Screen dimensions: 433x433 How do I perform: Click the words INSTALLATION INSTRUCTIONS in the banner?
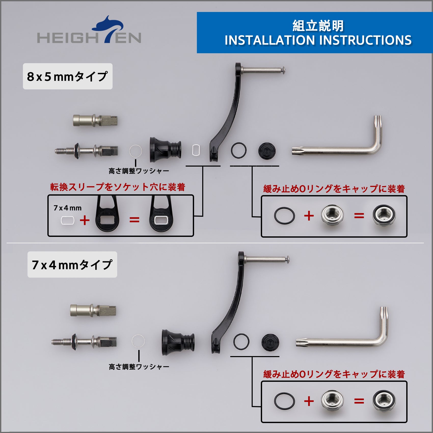(318, 40)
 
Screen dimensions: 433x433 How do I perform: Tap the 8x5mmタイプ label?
(67, 76)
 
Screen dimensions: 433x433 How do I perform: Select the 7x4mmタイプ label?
(72, 265)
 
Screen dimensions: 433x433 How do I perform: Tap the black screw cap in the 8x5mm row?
(267, 151)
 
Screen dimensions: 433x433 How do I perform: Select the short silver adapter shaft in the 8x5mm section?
(96, 120)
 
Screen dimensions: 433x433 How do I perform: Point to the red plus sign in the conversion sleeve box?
(85, 220)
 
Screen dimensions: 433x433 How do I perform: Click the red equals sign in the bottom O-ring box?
(359, 401)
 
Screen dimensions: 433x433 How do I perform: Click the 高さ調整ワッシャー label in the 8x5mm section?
(139, 171)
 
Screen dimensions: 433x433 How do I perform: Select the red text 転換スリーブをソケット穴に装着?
(118, 187)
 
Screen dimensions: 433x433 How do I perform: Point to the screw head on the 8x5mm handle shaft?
(283, 70)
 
